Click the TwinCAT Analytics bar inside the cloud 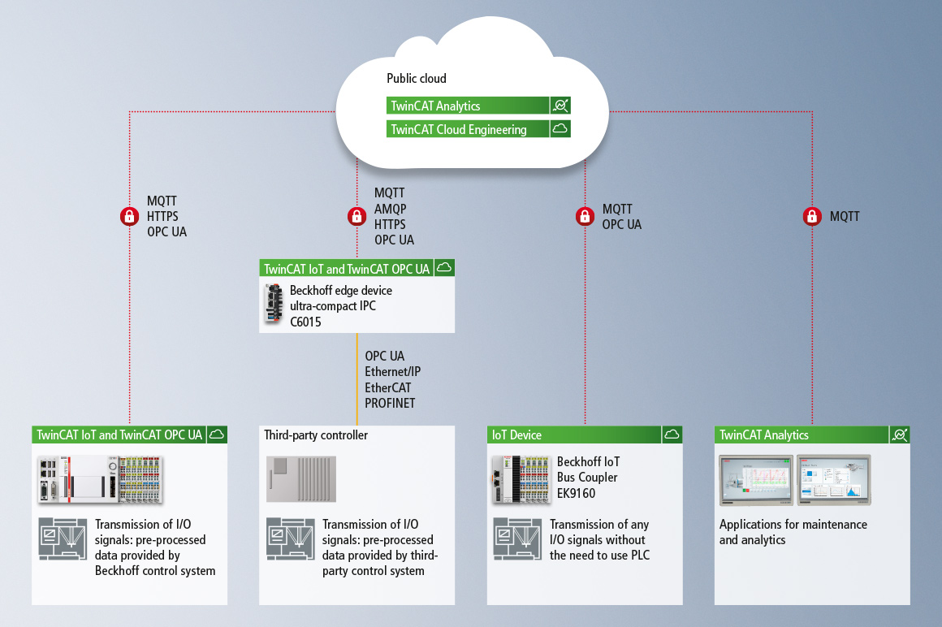[x=478, y=106]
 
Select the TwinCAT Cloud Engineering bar [x=478, y=129]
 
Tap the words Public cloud [x=417, y=79]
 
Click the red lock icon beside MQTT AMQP [x=356, y=216]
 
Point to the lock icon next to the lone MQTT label [x=812, y=216]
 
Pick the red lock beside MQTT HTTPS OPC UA [x=129, y=216]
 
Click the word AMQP [x=391, y=209]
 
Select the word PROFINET [x=390, y=404]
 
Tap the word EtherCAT [x=388, y=388]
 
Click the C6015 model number [x=306, y=322]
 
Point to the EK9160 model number [x=576, y=493]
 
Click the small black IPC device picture [x=274, y=303]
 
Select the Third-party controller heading [x=316, y=435]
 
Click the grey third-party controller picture [x=301, y=478]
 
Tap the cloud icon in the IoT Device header [x=672, y=435]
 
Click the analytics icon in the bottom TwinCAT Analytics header [x=899, y=435]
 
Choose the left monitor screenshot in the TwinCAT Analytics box [x=756, y=480]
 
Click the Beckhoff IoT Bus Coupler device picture [x=521, y=478]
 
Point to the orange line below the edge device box [x=356, y=379]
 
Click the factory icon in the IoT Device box [x=517, y=538]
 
